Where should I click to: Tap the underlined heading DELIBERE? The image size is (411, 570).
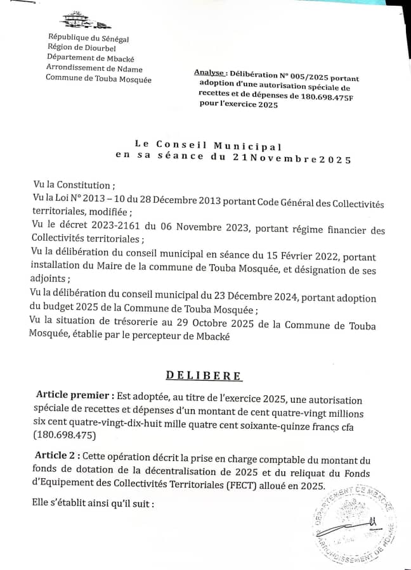[204, 376]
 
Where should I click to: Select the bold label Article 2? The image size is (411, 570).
[57, 455]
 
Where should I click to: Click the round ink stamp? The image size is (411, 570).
[356, 523]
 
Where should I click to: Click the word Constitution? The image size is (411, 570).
[82, 185]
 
